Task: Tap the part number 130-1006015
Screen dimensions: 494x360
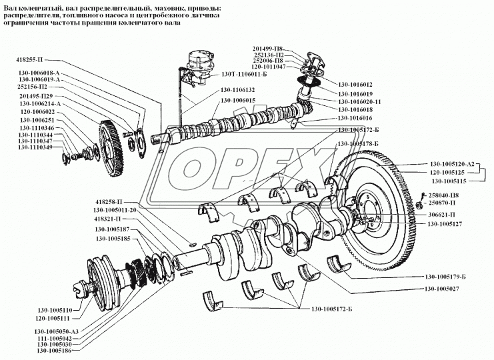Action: coord(238,101)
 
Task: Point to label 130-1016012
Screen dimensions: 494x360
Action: coord(355,85)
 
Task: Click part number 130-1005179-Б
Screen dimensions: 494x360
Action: coord(445,277)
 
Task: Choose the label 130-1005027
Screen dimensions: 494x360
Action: coord(442,289)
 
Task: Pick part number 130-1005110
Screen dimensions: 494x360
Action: coord(55,310)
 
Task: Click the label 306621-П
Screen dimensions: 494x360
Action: coord(441,215)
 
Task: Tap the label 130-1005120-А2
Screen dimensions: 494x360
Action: coord(452,164)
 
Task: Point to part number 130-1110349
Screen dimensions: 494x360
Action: coord(35,147)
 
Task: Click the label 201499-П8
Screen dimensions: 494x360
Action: coord(267,49)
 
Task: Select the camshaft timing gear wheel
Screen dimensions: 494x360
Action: coord(110,148)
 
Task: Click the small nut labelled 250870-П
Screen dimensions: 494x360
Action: coord(419,206)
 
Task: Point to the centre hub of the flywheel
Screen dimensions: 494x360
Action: coord(369,215)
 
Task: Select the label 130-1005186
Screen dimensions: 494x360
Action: coord(54,351)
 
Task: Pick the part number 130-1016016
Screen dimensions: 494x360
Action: coord(355,118)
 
